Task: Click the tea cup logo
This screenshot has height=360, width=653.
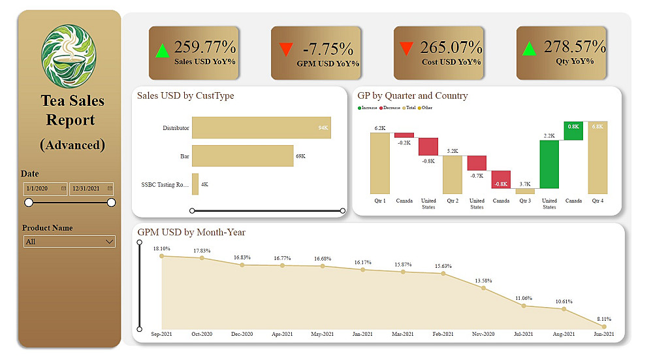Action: (69, 54)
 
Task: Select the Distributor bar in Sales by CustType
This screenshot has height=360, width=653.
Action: (261, 128)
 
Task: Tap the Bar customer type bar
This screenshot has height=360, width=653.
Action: (243, 156)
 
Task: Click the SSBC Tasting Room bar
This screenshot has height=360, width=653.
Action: (195, 184)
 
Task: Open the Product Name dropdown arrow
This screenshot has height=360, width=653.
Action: (109, 242)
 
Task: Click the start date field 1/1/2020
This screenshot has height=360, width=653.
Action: (45, 189)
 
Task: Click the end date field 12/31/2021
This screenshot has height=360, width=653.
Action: (91, 189)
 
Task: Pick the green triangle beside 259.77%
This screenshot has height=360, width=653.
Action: (163, 50)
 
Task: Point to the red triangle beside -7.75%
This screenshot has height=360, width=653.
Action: (285, 50)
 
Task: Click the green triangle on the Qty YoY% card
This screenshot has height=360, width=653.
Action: (530, 48)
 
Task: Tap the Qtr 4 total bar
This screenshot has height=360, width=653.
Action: (597, 157)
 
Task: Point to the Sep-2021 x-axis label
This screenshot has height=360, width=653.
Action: (162, 334)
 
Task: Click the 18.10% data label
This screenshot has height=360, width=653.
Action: (162, 249)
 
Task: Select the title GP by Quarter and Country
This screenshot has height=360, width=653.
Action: (413, 96)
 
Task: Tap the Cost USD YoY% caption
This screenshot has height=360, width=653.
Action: (451, 62)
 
